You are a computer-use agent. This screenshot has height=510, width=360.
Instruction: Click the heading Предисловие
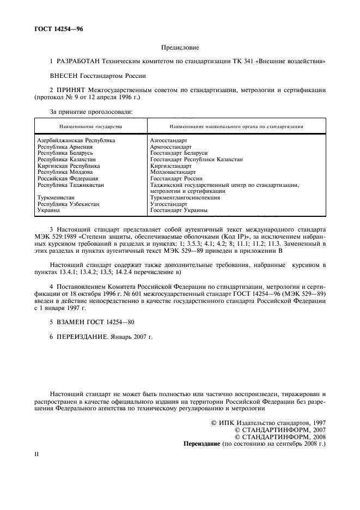(x=180, y=48)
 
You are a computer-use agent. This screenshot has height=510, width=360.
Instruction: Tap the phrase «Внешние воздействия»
(x=294, y=63)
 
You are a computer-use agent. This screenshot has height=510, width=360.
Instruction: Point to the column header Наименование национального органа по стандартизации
(x=236, y=126)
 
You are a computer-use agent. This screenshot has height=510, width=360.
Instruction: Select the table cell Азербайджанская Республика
(x=76, y=141)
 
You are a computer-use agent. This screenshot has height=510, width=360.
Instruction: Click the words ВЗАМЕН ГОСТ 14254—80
(x=96, y=321)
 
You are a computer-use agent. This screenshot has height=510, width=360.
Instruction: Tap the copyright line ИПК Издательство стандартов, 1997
(x=268, y=423)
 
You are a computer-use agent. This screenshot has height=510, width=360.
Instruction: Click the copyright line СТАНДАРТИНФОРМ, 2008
(x=279, y=437)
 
